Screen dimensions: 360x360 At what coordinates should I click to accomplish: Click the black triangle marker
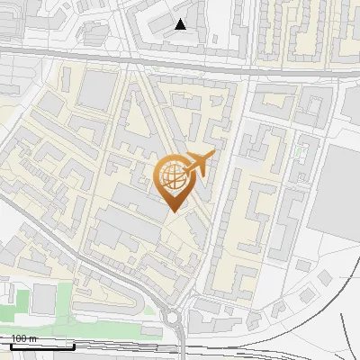click(181, 24)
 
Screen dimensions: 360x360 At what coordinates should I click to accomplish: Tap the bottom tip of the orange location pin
click(173, 211)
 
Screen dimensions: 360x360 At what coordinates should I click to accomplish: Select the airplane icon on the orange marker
click(201, 164)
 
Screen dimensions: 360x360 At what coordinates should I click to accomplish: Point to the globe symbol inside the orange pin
click(172, 177)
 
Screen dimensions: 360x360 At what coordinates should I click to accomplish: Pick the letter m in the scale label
click(33, 338)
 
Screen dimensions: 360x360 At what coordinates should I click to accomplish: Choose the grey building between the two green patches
click(42, 300)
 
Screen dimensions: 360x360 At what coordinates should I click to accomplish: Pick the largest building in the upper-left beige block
click(96, 90)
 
